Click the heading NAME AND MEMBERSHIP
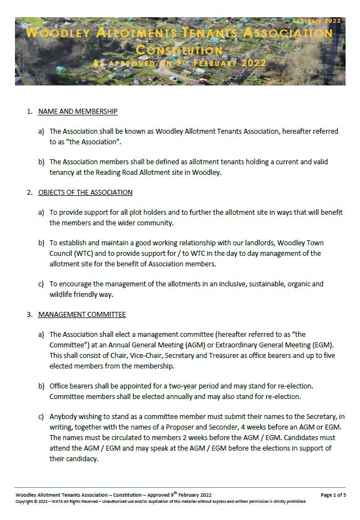[x=78, y=112]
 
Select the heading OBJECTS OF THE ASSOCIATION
[x=85, y=193]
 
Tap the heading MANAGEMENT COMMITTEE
[x=82, y=315]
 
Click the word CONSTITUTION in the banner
[x=179, y=51]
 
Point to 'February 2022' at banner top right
[x=317, y=21]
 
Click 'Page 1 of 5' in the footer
[x=333, y=494]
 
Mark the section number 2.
[x=29, y=193]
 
